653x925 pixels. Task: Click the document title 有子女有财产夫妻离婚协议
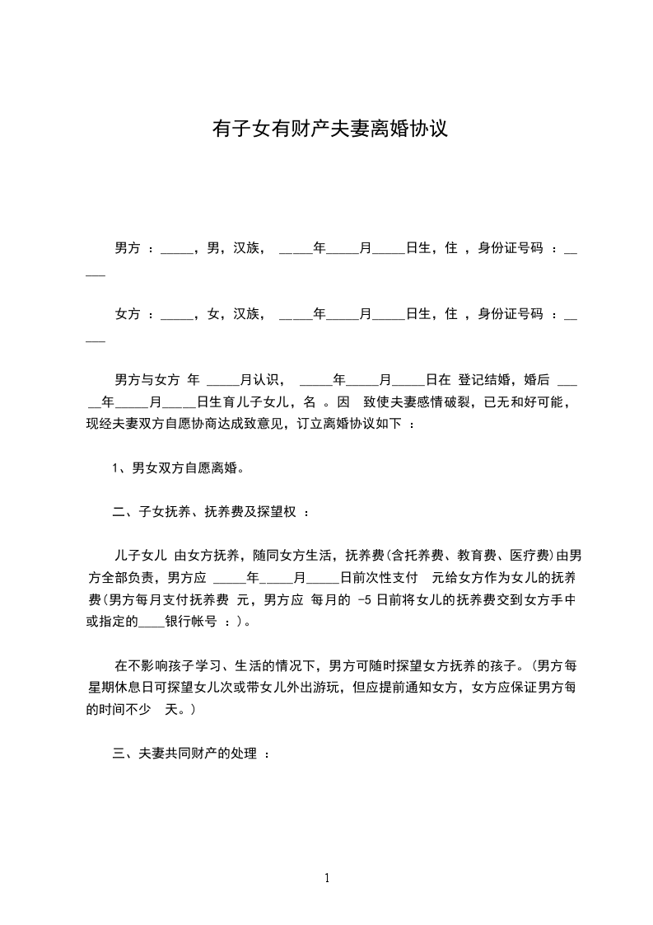click(330, 129)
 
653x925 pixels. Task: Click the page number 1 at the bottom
click(327, 879)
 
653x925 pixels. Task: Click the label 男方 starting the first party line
click(127, 248)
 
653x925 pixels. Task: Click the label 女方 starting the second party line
click(127, 314)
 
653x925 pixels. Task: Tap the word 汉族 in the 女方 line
click(246, 314)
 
